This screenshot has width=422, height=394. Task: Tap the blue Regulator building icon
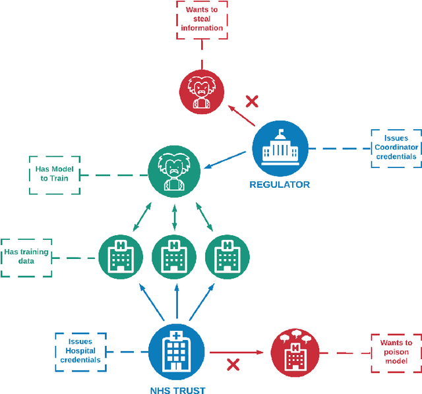[280, 148]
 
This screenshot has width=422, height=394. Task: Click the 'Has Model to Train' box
[55, 175]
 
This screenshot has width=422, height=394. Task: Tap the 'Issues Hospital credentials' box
[81, 351]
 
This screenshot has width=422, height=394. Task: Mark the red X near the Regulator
[252, 101]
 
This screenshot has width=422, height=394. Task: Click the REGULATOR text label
[280, 185]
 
